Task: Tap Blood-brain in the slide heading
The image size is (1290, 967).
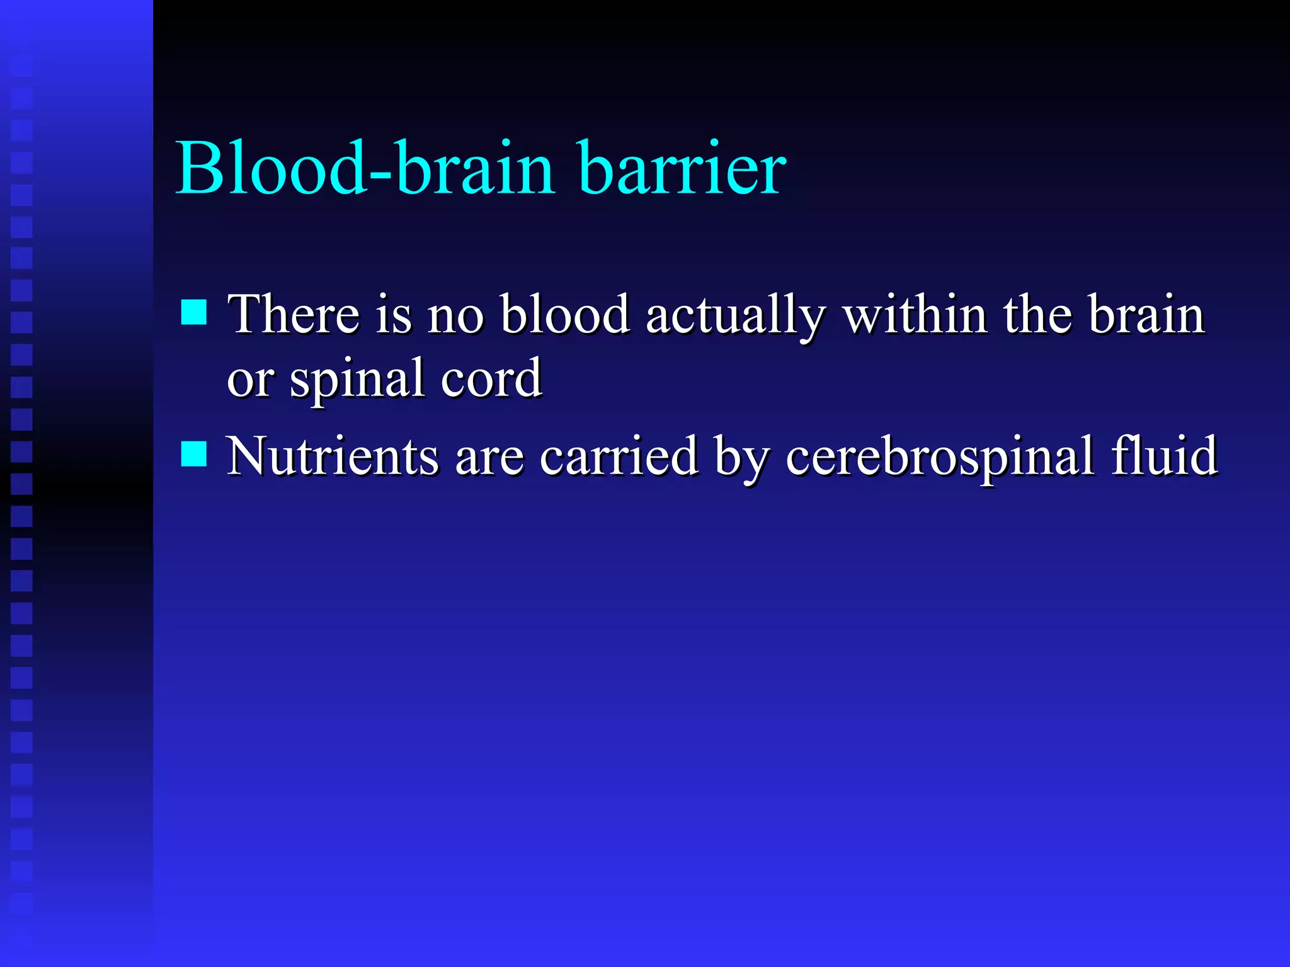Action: (365, 169)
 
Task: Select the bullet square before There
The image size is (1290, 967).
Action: (194, 312)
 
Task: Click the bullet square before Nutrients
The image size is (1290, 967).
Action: (194, 453)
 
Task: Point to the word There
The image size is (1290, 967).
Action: (294, 315)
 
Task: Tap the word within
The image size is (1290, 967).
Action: (915, 315)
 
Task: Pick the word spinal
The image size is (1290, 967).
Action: (357, 380)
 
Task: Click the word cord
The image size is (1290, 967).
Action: (491, 379)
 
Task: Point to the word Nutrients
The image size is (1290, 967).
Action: (332, 456)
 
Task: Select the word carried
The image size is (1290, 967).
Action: (619, 456)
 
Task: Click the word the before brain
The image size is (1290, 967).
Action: (1037, 315)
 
